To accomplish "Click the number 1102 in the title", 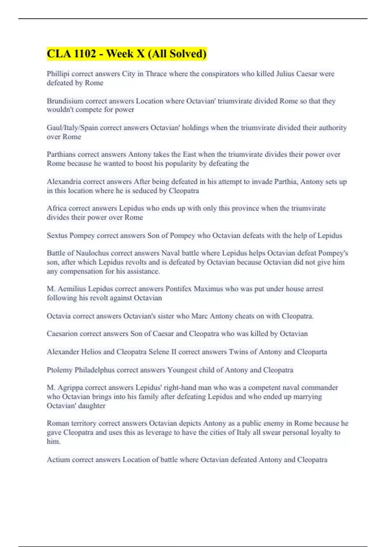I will pos(85,53).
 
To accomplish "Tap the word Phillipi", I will pos(58,74).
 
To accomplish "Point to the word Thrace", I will pos(156,74).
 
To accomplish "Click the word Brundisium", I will pos(65,101).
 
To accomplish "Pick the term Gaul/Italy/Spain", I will pos(72,128).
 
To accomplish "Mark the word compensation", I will pos(81,271).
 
